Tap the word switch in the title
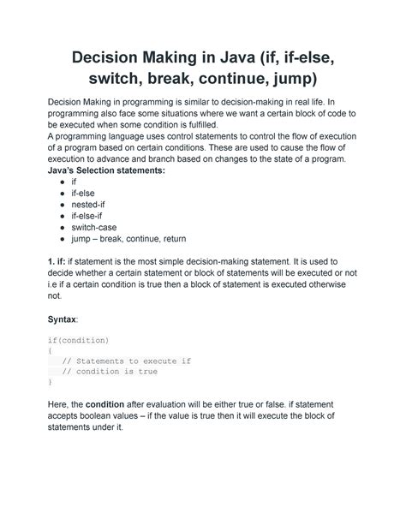116,81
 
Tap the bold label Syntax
63,319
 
